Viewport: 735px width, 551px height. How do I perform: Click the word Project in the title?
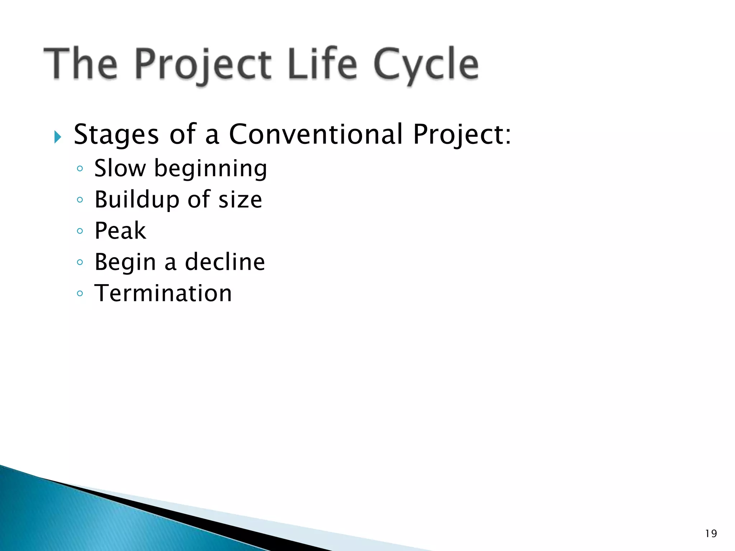[x=203, y=65]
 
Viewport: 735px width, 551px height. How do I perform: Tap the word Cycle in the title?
[x=426, y=65]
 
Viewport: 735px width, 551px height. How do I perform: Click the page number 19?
[x=711, y=534]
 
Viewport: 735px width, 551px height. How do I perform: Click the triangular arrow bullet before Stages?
[x=58, y=137]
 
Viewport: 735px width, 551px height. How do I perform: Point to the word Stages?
[x=116, y=135]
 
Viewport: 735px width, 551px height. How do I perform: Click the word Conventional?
[x=315, y=134]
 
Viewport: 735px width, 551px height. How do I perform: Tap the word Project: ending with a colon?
[x=462, y=135]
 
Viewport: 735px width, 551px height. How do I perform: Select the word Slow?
[x=120, y=168]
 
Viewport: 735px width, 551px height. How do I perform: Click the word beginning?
[x=211, y=169]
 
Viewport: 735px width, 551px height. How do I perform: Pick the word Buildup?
[x=137, y=200]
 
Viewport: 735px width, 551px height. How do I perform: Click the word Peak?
[x=120, y=231]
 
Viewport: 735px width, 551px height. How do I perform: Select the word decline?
[x=225, y=262]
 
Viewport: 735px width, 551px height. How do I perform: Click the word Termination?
[x=163, y=293]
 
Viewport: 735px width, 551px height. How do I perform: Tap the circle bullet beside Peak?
[x=80, y=231]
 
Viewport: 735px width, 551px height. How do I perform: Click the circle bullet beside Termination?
[x=80, y=294]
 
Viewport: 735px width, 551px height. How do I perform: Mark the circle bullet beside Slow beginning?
[x=80, y=169]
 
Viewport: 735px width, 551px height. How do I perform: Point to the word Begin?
[x=125, y=263]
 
